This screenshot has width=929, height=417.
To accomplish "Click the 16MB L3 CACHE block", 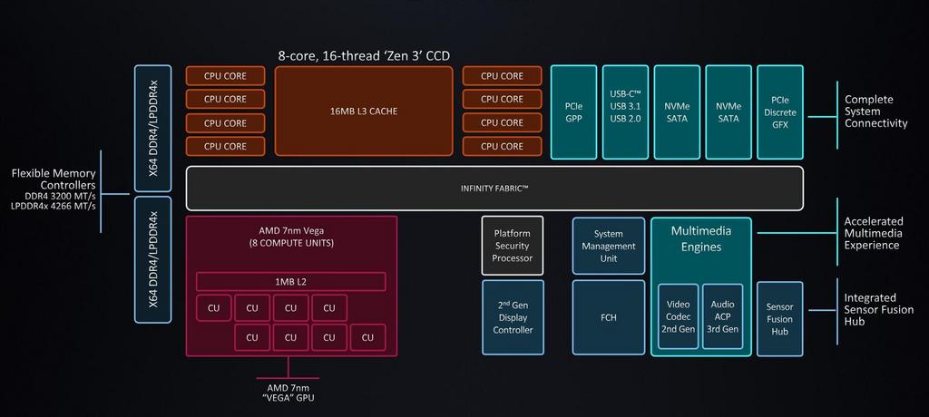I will pos(364,112).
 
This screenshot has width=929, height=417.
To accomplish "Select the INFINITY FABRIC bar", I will pos(494,188).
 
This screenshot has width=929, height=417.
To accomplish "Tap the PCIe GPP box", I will pos(573,112).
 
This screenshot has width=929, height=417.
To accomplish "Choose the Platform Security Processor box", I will pos(512,246).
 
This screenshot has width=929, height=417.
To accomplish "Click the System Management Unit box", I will pos(609,246).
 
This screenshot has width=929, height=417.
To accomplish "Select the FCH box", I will pos(609,318).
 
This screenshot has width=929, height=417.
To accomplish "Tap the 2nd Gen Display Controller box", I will pos(512,318).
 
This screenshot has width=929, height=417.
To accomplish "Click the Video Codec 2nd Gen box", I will pos(678,316).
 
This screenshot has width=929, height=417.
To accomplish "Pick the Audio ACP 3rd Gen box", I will pos(723,316).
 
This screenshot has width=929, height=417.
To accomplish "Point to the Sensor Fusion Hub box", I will pos(779,319).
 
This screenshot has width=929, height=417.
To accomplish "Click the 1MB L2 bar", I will pos(291,282).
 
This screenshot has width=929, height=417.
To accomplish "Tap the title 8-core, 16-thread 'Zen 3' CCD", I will pos(364,55).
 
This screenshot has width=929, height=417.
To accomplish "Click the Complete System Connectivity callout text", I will pos(875,112).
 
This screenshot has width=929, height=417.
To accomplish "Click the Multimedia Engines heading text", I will pos(700,238).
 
